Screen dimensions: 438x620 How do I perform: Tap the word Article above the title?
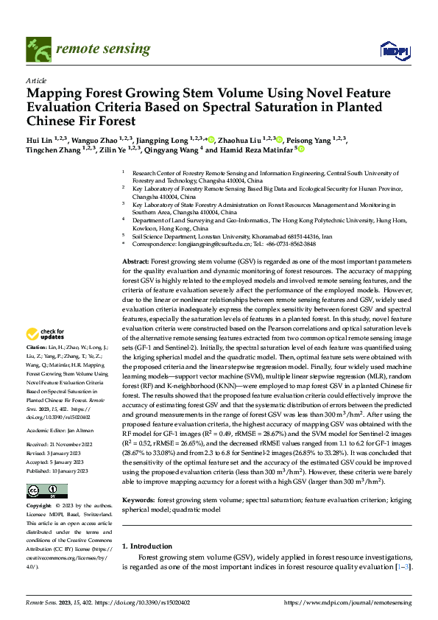tap(36, 80)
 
